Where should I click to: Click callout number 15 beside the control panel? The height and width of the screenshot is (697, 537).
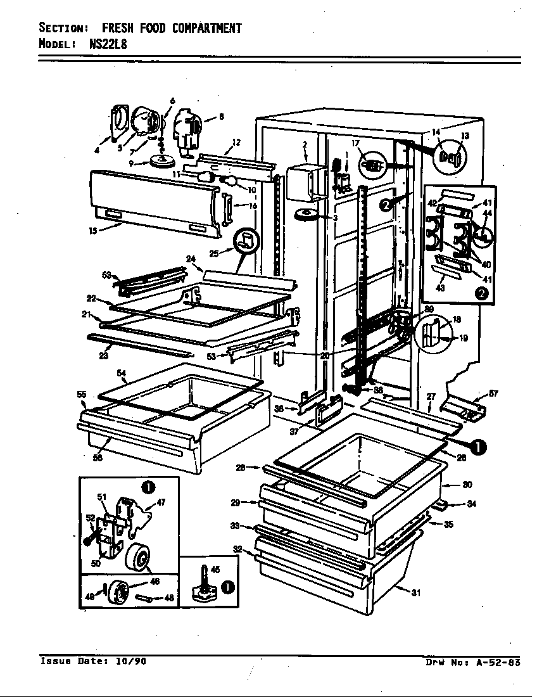(93, 231)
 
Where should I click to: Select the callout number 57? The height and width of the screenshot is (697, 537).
(493, 393)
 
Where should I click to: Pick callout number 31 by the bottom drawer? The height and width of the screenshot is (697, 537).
(415, 593)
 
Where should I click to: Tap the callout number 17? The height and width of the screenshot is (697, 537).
(355, 143)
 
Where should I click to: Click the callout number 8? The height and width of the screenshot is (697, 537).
(221, 116)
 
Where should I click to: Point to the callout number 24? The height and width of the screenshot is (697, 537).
(189, 259)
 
